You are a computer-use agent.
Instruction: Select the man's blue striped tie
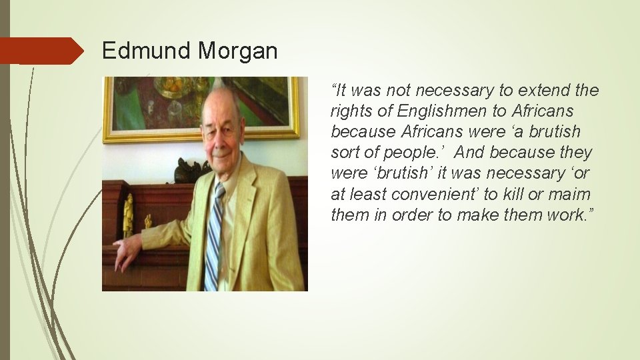[x=214, y=233]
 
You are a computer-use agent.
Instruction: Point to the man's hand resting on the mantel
[x=126, y=253]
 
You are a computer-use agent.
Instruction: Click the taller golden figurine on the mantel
[x=127, y=215]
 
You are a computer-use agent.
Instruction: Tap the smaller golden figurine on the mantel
[x=147, y=221]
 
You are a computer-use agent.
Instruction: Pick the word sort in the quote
[x=344, y=153]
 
